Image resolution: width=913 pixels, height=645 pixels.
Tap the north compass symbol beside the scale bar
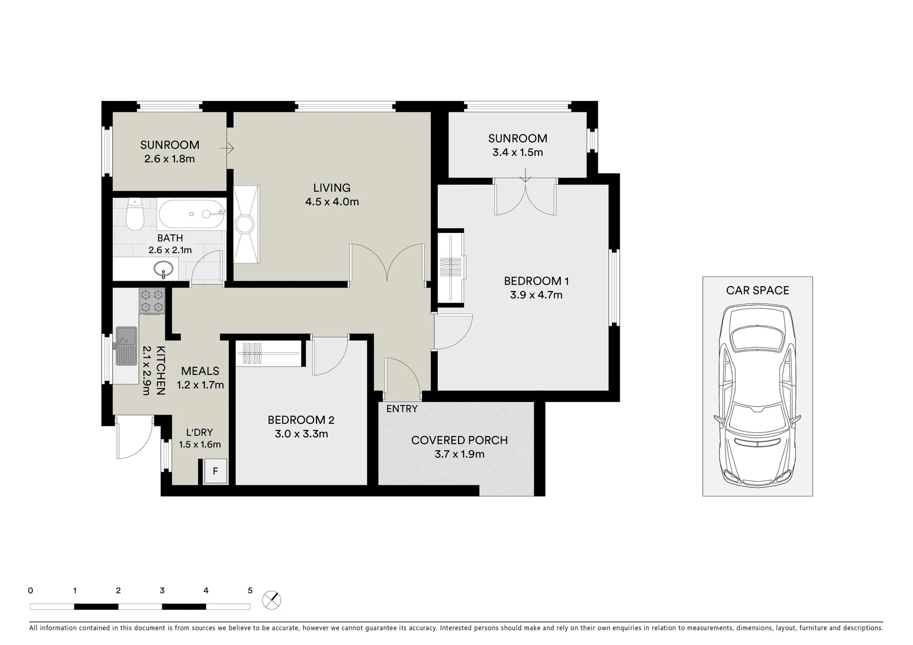pos(272,600)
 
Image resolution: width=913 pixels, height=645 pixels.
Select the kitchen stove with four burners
pos(152,301)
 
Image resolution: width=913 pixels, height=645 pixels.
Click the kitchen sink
pos(126,345)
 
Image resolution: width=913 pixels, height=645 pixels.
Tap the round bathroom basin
pos(164,269)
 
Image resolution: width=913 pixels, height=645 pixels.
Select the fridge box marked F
pos(215,471)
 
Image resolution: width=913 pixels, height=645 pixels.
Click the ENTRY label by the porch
pos(402,409)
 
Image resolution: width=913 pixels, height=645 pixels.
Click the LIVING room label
pos(332,188)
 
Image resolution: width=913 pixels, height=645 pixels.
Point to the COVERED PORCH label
pos(459,440)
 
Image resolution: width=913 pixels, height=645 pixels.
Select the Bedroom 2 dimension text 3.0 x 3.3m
pos(301,434)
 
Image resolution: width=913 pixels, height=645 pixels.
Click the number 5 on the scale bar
pos(250,591)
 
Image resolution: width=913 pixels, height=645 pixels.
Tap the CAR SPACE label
pos(757,290)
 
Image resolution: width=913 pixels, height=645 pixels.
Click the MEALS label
pos(200,371)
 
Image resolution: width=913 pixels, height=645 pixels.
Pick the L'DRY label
pos(199,432)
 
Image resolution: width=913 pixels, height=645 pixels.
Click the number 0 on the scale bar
pos(30,591)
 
